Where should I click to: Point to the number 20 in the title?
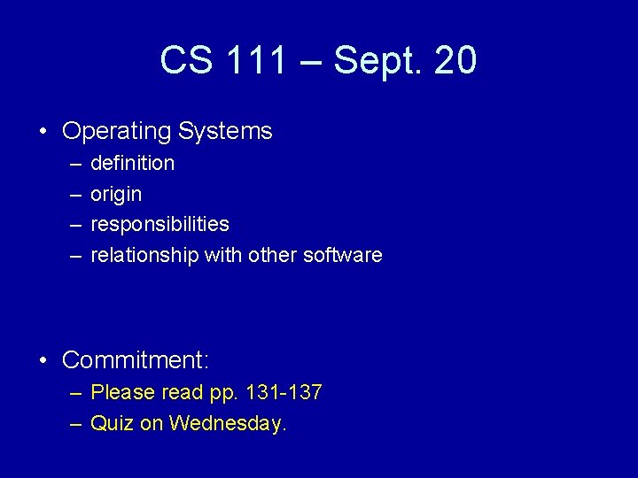(455, 61)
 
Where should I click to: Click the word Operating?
(117, 132)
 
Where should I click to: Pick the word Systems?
(225, 132)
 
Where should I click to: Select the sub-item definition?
(133, 163)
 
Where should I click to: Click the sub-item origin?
(116, 194)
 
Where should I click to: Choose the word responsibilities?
(159, 224)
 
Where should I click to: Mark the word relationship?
(144, 255)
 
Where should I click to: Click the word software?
(343, 255)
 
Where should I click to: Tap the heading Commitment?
(136, 360)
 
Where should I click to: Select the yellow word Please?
(122, 392)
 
